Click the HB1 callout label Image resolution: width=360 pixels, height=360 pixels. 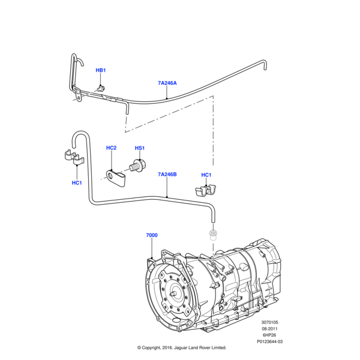pyautogui.click(x=100, y=71)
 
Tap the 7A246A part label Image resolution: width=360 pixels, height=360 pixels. pyautogui.click(x=167, y=83)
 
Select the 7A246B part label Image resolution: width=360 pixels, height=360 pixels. pyautogui.click(x=167, y=175)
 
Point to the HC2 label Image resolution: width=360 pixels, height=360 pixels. pyautogui.click(x=111, y=148)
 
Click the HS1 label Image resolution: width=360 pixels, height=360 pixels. pyautogui.click(x=139, y=148)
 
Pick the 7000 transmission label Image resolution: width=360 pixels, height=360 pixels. pyautogui.click(x=151, y=235)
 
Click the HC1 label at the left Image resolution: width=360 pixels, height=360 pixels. pyautogui.click(x=76, y=182)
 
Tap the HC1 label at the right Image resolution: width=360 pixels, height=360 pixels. pyautogui.click(x=206, y=175)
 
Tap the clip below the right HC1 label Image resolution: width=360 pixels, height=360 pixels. pyautogui.click(x=206, y=191)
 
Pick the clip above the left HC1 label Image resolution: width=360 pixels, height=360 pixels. pyautogui.click(x=73, y=157)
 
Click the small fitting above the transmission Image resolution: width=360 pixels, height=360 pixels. pyautogui.click(x=212, y=233)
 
